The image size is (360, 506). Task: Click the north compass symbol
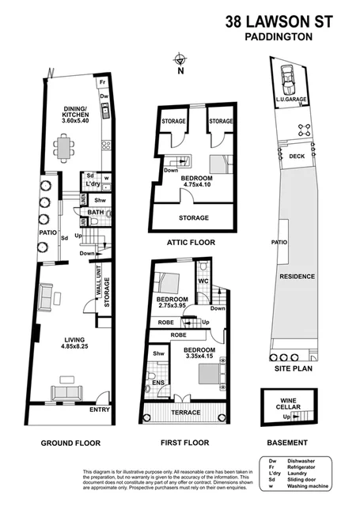pyautogui.click(x=181, y=60)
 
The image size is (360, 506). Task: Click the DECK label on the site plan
pyautogui.click(x=296, y=157)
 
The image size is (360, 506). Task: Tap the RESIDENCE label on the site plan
pyautogui.click(x=296, y=277)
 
